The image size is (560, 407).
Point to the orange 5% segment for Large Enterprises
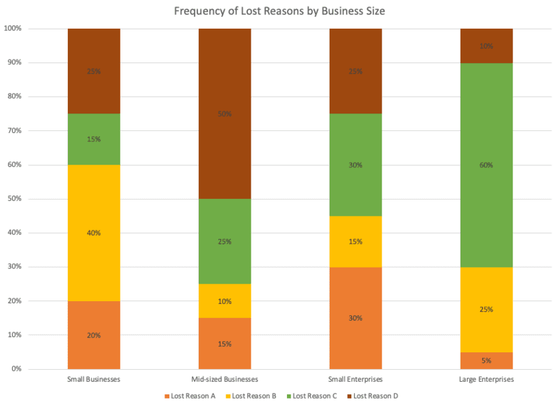486,361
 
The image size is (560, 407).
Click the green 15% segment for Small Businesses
94,139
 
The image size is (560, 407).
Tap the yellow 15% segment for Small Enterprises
356,241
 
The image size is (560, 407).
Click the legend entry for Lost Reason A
190,396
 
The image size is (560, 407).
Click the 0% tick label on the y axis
17,369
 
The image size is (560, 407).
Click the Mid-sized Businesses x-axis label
225,379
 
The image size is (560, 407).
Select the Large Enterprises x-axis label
486,379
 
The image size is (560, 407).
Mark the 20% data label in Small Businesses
94,335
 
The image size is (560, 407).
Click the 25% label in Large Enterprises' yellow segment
486,309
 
